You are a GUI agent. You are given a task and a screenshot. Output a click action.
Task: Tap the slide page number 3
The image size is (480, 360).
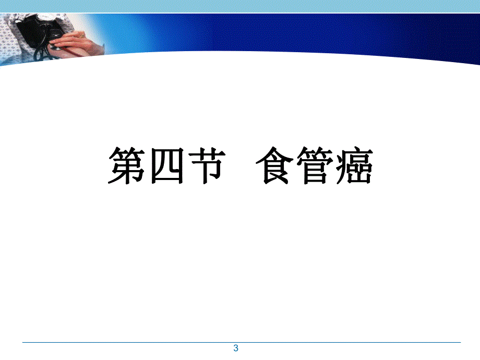point(236,349)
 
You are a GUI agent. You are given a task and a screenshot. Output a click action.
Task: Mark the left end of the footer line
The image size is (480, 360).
point(22,342)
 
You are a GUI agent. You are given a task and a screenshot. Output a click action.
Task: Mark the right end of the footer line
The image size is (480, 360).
point(460,342)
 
